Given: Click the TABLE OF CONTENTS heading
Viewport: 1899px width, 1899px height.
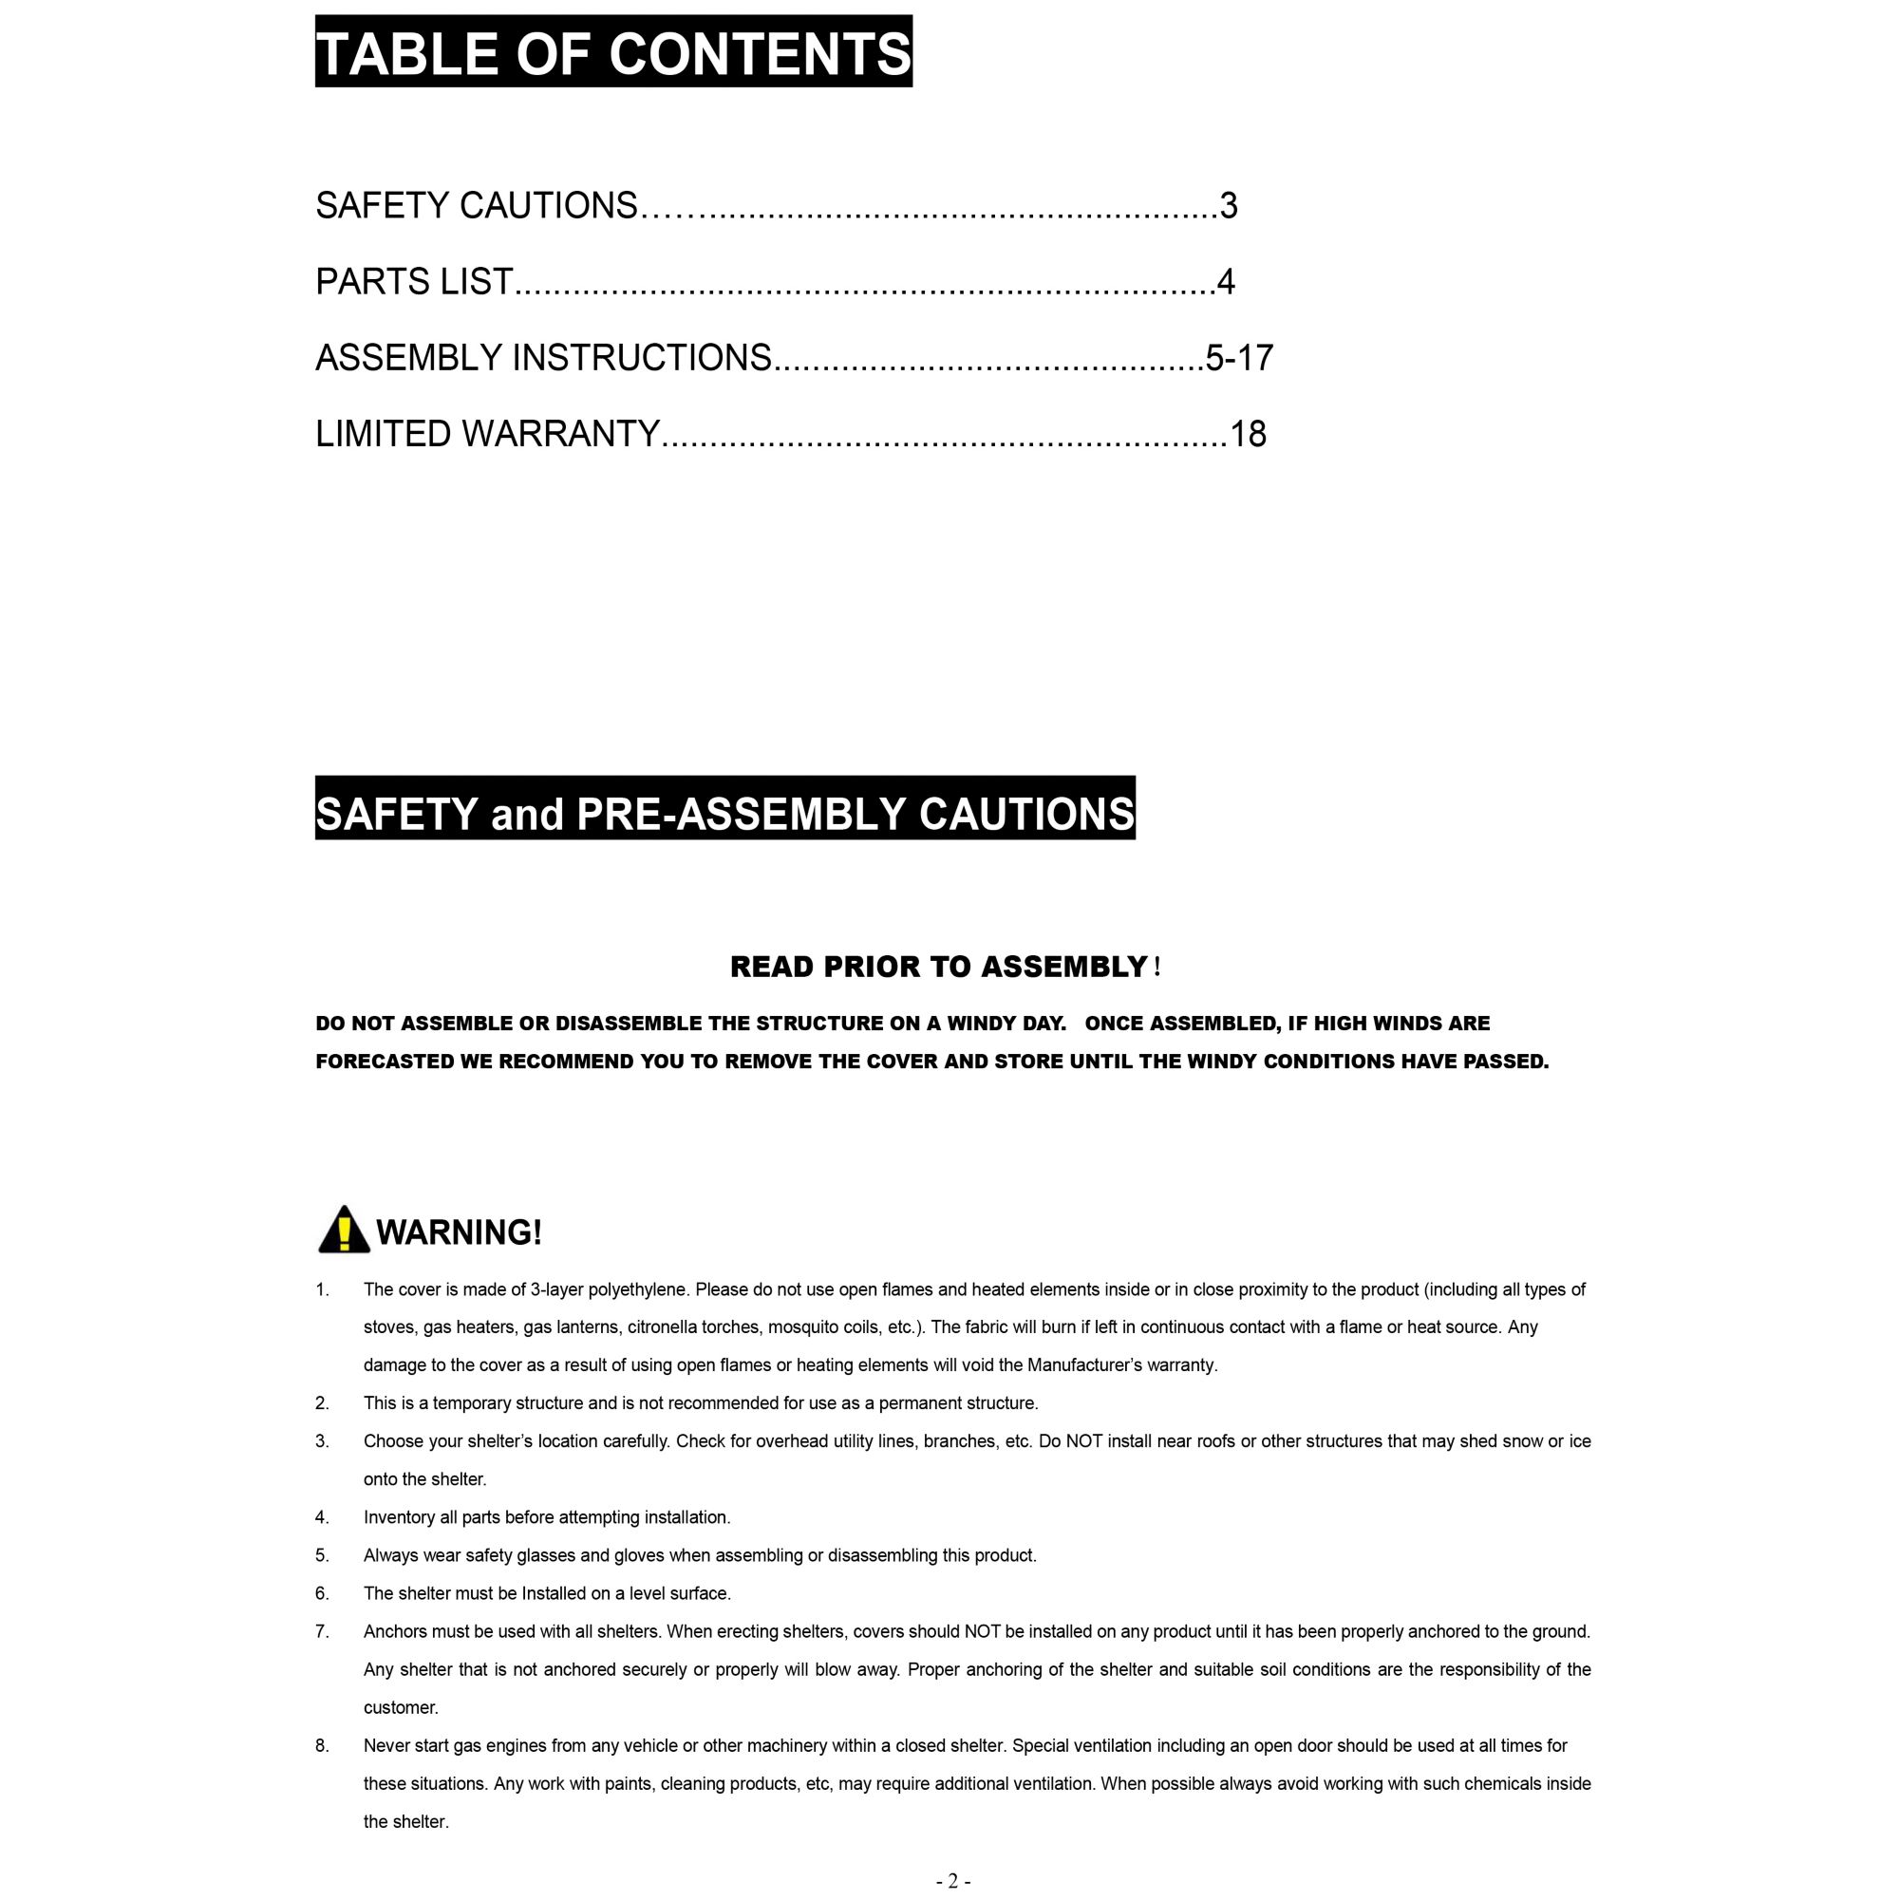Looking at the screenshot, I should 613,52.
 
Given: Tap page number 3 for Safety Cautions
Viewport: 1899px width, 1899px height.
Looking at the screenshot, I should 1228,206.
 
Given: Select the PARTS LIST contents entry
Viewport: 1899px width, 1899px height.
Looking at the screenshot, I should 414,282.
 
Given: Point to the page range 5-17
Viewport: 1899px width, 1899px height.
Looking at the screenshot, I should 1238,358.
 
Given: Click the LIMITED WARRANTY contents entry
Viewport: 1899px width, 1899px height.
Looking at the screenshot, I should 486,434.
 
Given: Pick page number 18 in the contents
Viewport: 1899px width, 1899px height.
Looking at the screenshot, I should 1248,435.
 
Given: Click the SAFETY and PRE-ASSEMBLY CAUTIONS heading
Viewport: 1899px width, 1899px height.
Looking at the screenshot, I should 724,814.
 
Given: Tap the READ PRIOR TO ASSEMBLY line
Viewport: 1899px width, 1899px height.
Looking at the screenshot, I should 939,968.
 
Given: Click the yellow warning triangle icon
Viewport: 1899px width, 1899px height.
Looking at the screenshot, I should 344,1231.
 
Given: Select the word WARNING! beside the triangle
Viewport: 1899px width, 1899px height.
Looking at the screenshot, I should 459,1232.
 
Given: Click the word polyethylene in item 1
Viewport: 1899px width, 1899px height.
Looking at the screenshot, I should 637,1289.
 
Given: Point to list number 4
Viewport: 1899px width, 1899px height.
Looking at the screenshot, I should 322,1517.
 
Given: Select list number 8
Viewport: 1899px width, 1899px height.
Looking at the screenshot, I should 322,1746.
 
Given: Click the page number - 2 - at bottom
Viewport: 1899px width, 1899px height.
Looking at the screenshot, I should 952,1881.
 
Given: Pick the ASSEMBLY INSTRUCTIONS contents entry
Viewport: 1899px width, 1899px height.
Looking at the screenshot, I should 542,358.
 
